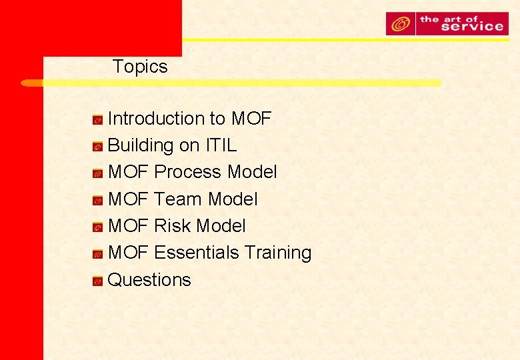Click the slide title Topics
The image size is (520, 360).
coord(140,67)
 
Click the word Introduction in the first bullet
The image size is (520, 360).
coord(147,119)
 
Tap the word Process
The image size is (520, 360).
coord(188,172)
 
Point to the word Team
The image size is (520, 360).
coord(178,199)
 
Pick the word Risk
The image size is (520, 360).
coord(173,226)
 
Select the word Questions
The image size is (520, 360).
coord(149,280)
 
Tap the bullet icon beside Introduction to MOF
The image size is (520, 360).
coord(97,120)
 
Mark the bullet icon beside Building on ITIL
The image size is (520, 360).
coord(97,147)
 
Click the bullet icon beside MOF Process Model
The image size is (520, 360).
coord(97,173)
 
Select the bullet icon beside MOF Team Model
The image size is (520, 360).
coord(97,201)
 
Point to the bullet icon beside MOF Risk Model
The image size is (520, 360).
coord(97,227)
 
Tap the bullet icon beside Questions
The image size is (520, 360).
coord(97,281)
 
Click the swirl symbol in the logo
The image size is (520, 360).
coord(401,24)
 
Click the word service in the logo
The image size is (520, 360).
coord(471,27)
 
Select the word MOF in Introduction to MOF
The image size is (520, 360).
coord(251,119)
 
